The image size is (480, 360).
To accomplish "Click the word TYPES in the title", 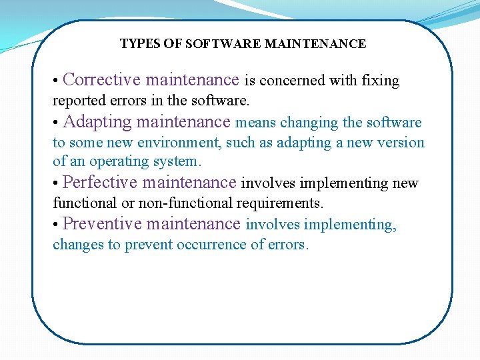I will [140, 44].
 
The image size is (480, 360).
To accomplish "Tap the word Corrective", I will [101, 80].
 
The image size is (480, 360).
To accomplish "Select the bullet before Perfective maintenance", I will [56, 184].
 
